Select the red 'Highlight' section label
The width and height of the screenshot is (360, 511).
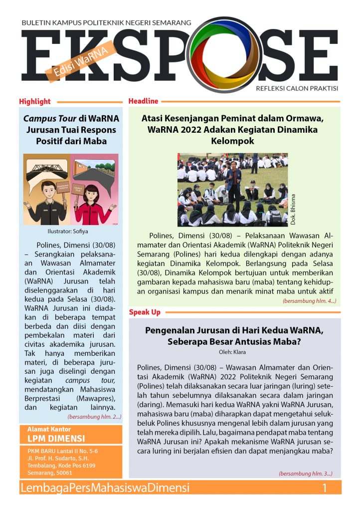35,102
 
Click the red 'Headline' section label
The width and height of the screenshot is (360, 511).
143,101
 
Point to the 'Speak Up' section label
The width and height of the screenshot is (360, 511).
145,312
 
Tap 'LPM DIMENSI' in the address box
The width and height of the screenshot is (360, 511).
56,439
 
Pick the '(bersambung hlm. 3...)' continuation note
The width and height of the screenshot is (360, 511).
305,473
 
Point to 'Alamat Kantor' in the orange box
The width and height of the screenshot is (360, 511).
49,429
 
